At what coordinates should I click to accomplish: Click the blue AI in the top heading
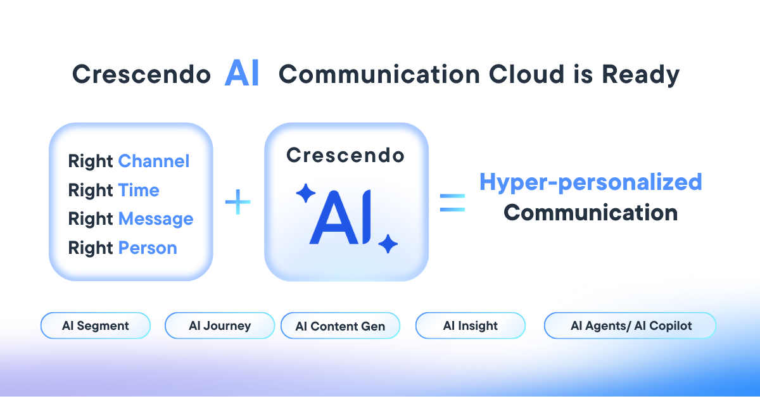point(242,75)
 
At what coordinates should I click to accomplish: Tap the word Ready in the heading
point(640,75)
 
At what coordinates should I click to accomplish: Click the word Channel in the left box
point(154,161)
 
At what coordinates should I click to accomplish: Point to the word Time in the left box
point(138,191)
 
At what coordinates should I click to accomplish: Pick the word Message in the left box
point(156,219)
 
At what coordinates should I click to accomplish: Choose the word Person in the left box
point(148,248)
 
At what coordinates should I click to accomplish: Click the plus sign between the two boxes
point(238,203)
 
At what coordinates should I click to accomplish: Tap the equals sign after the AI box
point(452,203)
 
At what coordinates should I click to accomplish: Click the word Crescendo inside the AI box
point(345,155)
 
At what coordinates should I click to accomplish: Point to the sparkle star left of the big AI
point(306,193)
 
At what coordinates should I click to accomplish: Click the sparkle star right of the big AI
point(388,243)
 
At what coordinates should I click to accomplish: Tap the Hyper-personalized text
point(590,182)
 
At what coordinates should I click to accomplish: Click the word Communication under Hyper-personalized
point(590,212)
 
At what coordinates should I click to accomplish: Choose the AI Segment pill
point(96,326)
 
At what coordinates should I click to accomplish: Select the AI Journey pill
point(220,326)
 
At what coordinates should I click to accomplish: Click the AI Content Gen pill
point(340,327)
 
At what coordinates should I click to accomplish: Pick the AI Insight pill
point(470,326)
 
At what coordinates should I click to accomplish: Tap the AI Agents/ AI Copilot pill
point(630,326)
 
